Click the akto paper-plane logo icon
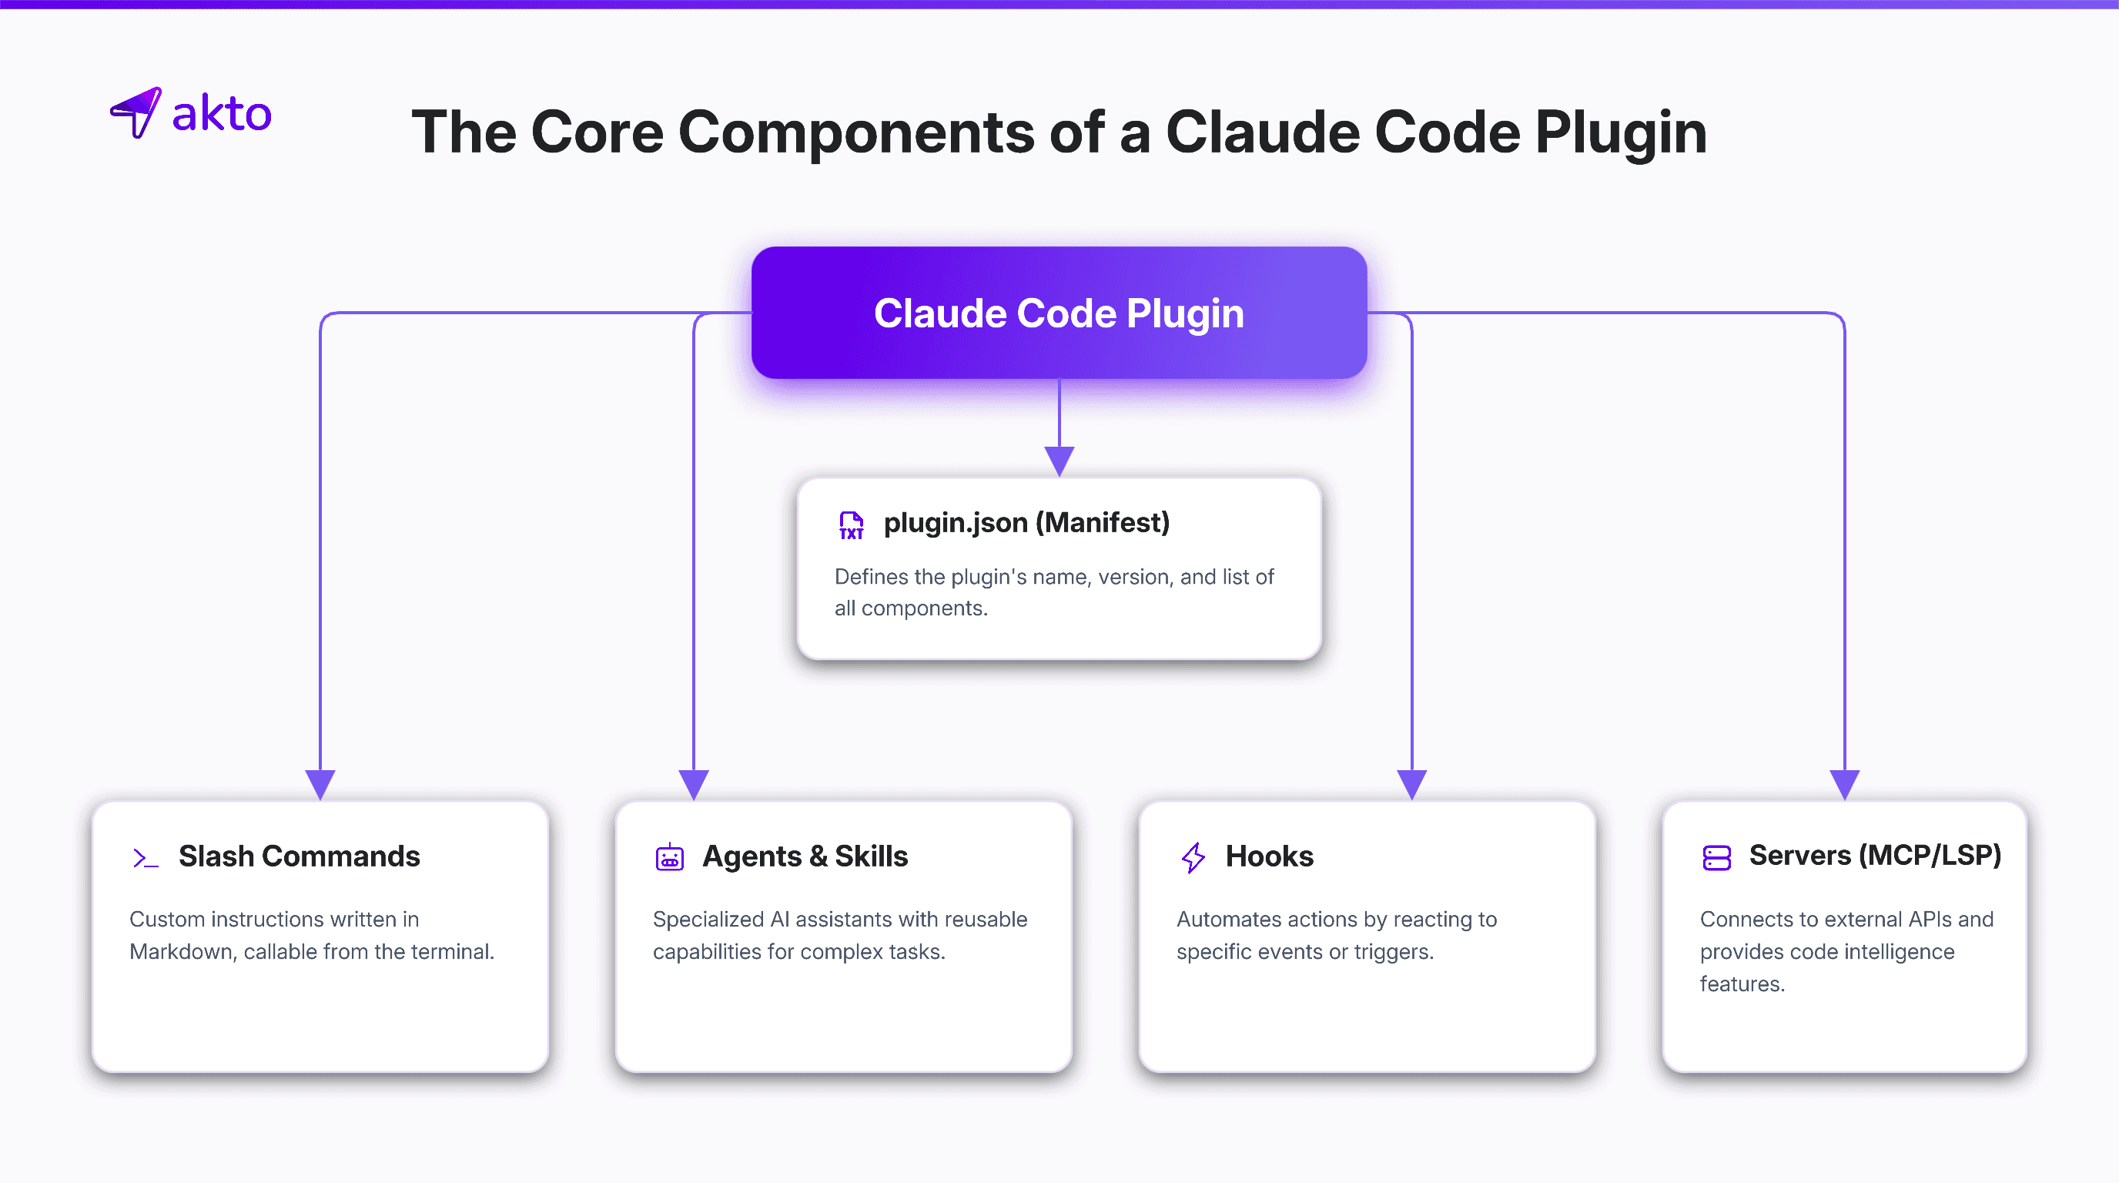pyautogui.click(x=136, y=112)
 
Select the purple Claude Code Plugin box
pyautogui.click(x=1059, y=313)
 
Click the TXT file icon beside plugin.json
pyautogui.click(x=851, y=524)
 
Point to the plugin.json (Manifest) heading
pyautogui.click(x=1026, y=523)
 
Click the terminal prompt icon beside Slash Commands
pyautogui.click(x=145, y=858)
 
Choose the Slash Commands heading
pyautogui.click(x=300, y=856)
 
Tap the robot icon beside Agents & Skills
pyautogui.click(x=670, y=856)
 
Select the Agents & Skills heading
pyautogui.click(x=805, y=856)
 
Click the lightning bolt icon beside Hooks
pyautogui.click(x=1193, y=857)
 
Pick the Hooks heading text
pyautogui.click(x=1269, y=856)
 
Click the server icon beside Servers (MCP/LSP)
pyautogui.click(x=1717, y=857)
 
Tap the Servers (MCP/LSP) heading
pyautogui.click(x=1875, y=856)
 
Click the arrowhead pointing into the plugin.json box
pyautogui.click(x=1059, y=461)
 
